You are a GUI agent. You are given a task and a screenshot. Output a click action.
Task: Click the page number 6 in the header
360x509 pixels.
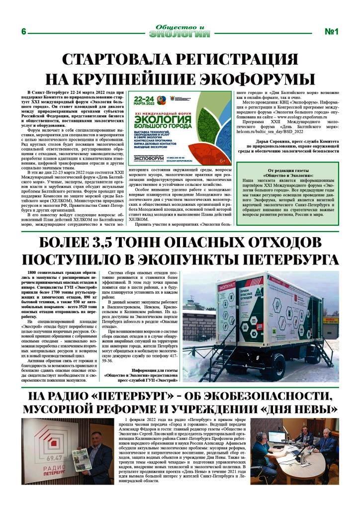click(x=23, y=31)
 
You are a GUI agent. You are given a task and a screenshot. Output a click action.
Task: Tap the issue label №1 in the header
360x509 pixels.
click(x=331, y=31)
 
